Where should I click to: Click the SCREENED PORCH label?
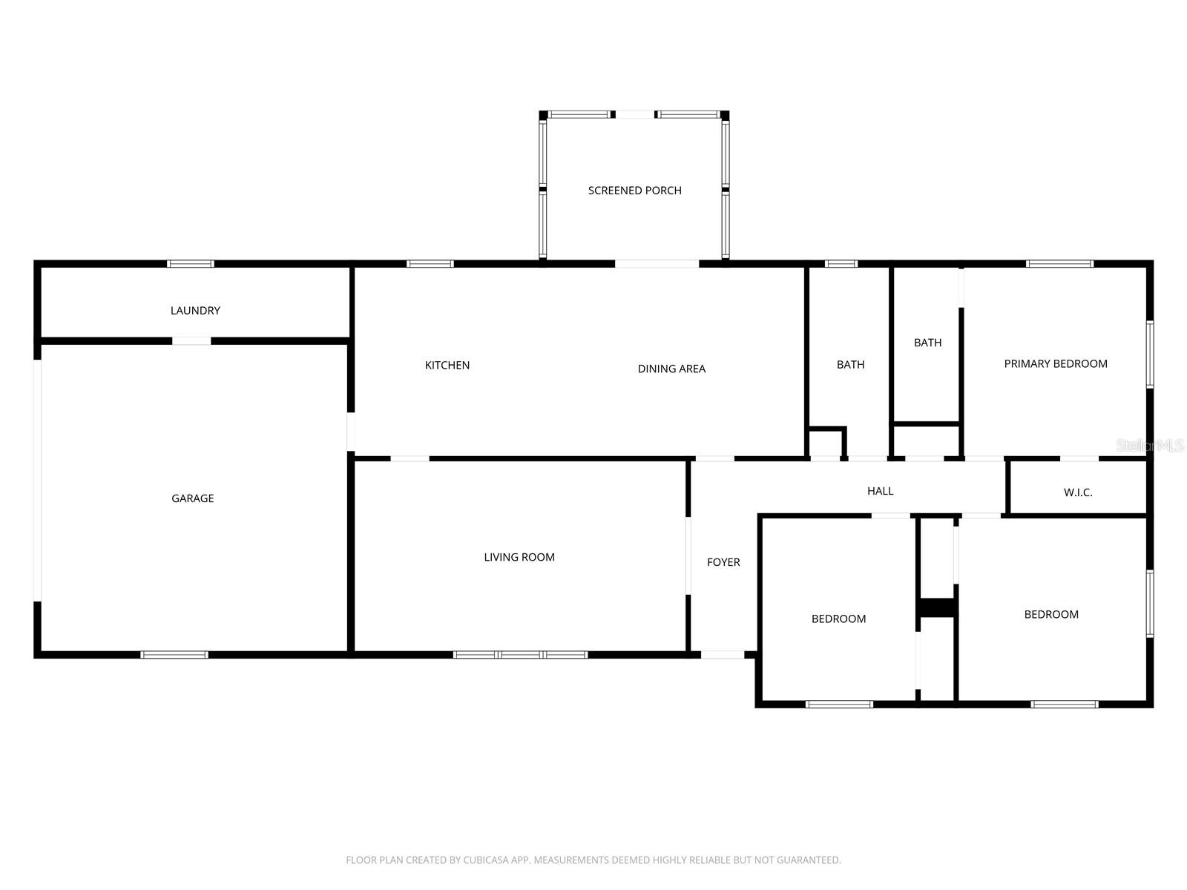click(634, 191)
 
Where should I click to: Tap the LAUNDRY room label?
click(195, 311)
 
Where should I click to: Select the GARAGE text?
click(192, 498)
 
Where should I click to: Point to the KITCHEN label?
click(447, 365)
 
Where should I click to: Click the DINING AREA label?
click(671, 369)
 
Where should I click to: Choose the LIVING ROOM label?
click(519, 557)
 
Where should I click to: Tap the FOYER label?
click(723, 562)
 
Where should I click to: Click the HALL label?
click(880, 491)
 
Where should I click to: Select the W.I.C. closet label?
click(1077, 492)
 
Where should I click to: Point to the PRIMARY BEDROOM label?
click(1055, 363)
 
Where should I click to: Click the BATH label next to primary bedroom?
click(927, 343)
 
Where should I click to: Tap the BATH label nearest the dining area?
click(850, 364)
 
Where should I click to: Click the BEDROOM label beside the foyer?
click(838, 619)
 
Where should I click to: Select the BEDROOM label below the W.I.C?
click(1050, 614)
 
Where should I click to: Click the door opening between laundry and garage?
click(191, 341)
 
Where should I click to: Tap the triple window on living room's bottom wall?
click(520, 655)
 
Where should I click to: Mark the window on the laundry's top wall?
click(190, 263)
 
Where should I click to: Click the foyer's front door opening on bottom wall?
click(723, 655)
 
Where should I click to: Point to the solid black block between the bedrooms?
click(937, 607)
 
